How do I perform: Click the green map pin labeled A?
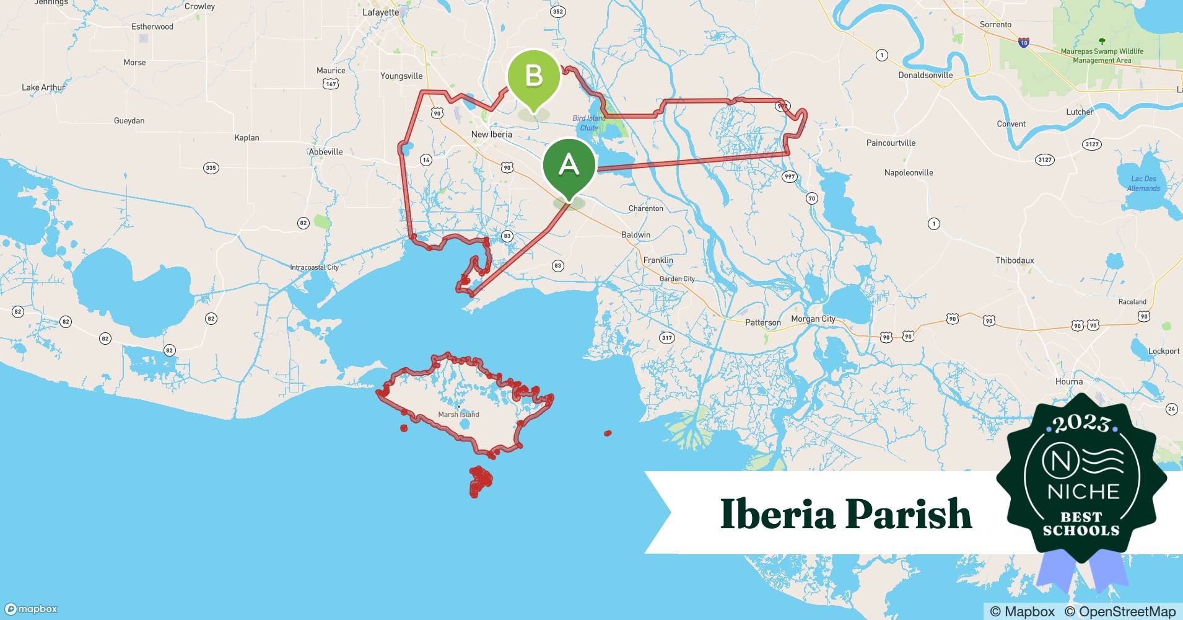click(x=569, y=164)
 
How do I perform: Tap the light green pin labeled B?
click(x=533, y=77)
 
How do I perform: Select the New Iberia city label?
click(x=491, y=134)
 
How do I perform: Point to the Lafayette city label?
click(x=380, y=12)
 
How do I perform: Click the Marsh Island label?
click(x=458, y=414)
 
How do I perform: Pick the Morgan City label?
click(x=813, y=319)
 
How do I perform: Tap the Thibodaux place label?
click(x=1015, y=260)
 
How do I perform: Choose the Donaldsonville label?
click(x=925, y=75)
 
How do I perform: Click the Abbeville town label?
click(x=326, y=152)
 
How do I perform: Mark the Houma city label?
click(x=1069, y=381)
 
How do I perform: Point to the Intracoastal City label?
click(x=315, y=267)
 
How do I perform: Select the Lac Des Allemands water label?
click(x=1143, y=184)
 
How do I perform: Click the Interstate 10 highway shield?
click(x=1024, y=43)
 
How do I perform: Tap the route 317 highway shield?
click(x=666, y=338)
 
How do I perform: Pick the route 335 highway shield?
click(x=211, y=168)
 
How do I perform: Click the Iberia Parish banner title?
click(x=846, y=513)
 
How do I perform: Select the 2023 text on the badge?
click(x=1081, y=423)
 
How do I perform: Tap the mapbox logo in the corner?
click(x=31, y=609)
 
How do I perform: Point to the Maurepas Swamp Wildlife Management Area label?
click(x=1102, y=56)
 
